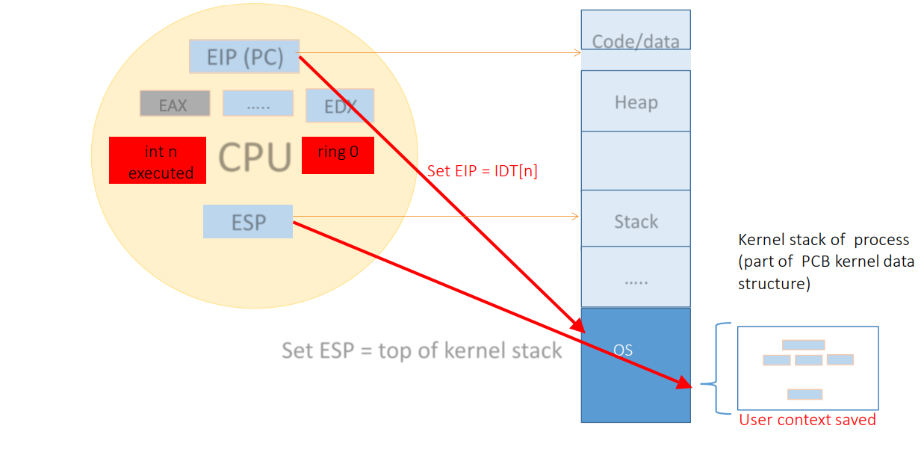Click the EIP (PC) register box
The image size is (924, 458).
tap(244, 57)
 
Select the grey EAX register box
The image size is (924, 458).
tap(174, 104)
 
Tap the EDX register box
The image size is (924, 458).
tap(339, 105)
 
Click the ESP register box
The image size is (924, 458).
tap(247, 222)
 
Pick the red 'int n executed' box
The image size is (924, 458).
tap(158, 161)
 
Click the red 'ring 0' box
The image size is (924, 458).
tap(338, 155)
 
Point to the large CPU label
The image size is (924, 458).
tap(254, 158)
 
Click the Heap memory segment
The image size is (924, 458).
tap(636, 102)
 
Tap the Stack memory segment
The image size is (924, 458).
tap(636, 220)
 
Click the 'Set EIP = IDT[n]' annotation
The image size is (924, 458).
tap(483, 170)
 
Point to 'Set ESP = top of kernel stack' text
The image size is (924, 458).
tap(421, 350)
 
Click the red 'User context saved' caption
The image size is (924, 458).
tap(807, 420)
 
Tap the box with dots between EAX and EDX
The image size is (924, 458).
tap(258, 104)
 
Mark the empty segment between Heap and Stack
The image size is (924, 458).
tap(636, 161)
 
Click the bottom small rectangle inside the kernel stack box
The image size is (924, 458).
tap(804, 394)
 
